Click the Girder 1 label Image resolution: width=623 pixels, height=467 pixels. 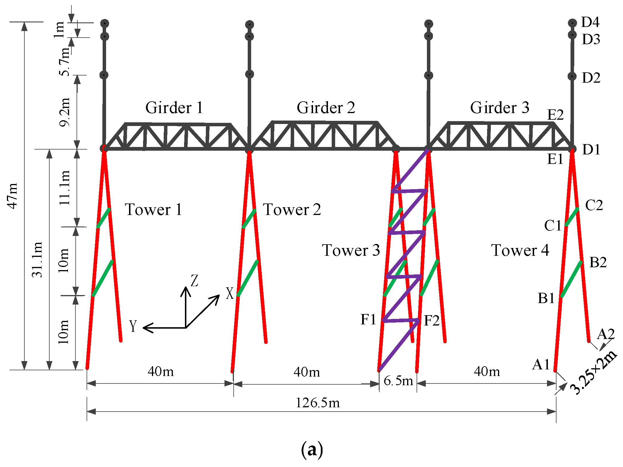(x=174, y=108)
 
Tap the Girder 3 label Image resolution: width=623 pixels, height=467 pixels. (x=500, y=108)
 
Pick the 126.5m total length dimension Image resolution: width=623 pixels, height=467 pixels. (x=318, y=403)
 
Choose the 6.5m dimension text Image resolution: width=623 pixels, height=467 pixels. (x=399, y=381)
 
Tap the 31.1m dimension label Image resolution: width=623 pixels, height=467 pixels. (x=37, y=260)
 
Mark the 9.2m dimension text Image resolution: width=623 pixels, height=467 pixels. (x=65, y=112)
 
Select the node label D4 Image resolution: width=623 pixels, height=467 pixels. (x=590, y=22)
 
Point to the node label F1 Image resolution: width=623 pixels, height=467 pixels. (x=368, y=319)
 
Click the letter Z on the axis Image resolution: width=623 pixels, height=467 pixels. (x=195, y=280)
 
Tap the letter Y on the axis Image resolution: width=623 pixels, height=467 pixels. (x=133, y=326)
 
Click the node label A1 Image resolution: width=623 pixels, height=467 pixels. (x=541, y=365)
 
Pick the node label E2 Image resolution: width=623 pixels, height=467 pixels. (x=555, y=115)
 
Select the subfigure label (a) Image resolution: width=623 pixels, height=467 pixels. (x=312, y=450)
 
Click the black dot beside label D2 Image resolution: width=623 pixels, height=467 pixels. (x=572, y=76)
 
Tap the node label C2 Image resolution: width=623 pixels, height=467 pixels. (x=594, y=205)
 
